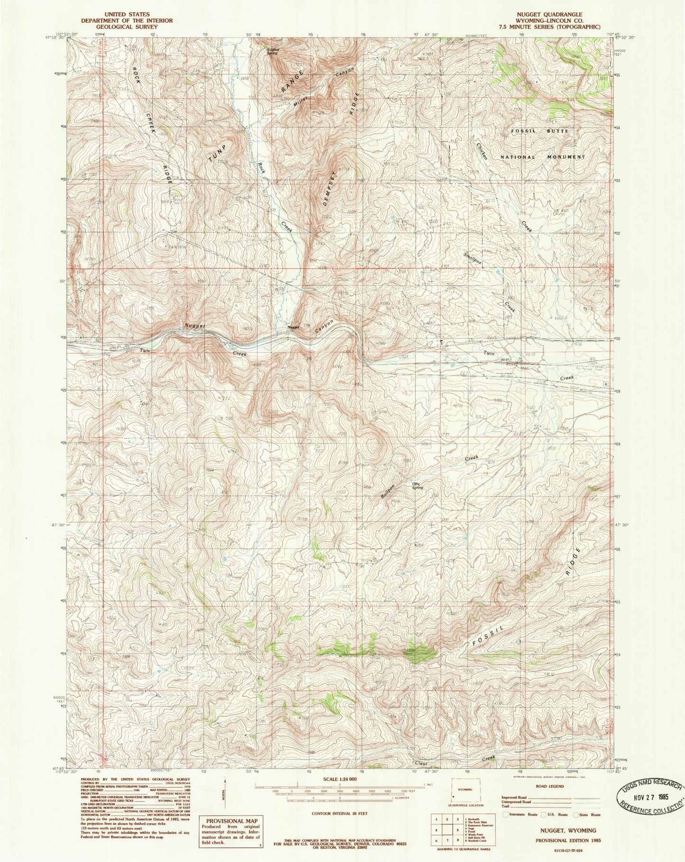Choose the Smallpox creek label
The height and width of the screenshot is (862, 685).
point(473,259)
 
